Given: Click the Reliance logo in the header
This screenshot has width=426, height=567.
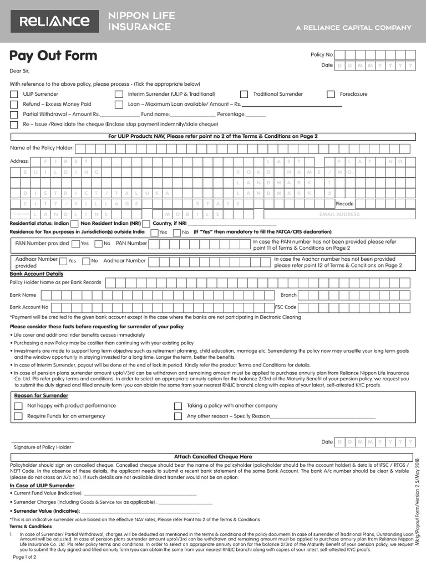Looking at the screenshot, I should (x=54, y=22).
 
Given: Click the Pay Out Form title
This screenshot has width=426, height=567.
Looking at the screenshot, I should (x=53, y=56).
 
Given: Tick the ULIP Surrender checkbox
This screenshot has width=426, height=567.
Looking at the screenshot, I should (x=14, y=94).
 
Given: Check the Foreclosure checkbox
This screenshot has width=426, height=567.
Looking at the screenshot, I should (x=331, y=94).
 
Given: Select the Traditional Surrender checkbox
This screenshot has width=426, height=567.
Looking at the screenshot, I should (x=244, y=94).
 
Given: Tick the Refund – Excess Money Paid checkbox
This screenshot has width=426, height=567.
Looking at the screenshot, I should (x=14, y=104).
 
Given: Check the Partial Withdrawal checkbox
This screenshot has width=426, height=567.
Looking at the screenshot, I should (x=14, y=114).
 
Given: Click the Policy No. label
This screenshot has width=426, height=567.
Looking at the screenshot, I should (x=322, y=55).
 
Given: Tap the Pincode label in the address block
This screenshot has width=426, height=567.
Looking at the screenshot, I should (x=344, y=204).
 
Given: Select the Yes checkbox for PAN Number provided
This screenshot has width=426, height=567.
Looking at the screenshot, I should (x=75, y=243).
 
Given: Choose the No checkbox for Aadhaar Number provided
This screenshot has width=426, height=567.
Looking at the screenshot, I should (x=86, y=261).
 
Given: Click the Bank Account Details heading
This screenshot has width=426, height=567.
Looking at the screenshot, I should (x=36, y=274).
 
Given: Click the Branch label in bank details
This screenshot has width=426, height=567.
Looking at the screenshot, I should (x=288, y=295).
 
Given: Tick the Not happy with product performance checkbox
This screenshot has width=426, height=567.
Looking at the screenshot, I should (x=18, y=406).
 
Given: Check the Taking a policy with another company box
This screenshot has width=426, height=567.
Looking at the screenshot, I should (x=178, y=406).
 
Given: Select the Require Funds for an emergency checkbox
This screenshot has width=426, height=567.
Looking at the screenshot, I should (x=18, y=416).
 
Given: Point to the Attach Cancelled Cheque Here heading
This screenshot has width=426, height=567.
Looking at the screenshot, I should (x=213, y=457).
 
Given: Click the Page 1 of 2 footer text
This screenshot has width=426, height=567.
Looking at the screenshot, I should (x=24, y=557).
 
